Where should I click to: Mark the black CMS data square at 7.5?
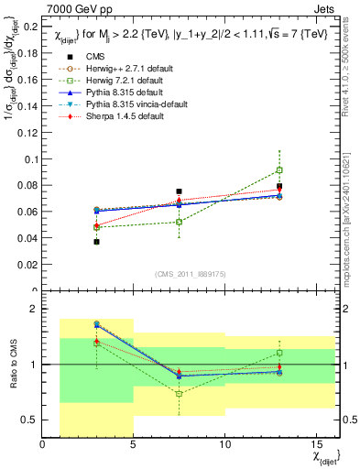pyautogui.click(x=179, y=191)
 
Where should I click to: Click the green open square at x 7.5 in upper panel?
pyautogui.click(x=179, y=222)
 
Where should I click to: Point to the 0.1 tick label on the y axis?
pyautogui.click(x=30, y=159)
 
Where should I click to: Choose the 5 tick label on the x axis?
pyautogui.click(x=134, y=445)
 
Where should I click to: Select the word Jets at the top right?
pyautogui.click(x=326, y=8)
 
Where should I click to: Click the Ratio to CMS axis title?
pyautogui.click(x=12, y=365)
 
